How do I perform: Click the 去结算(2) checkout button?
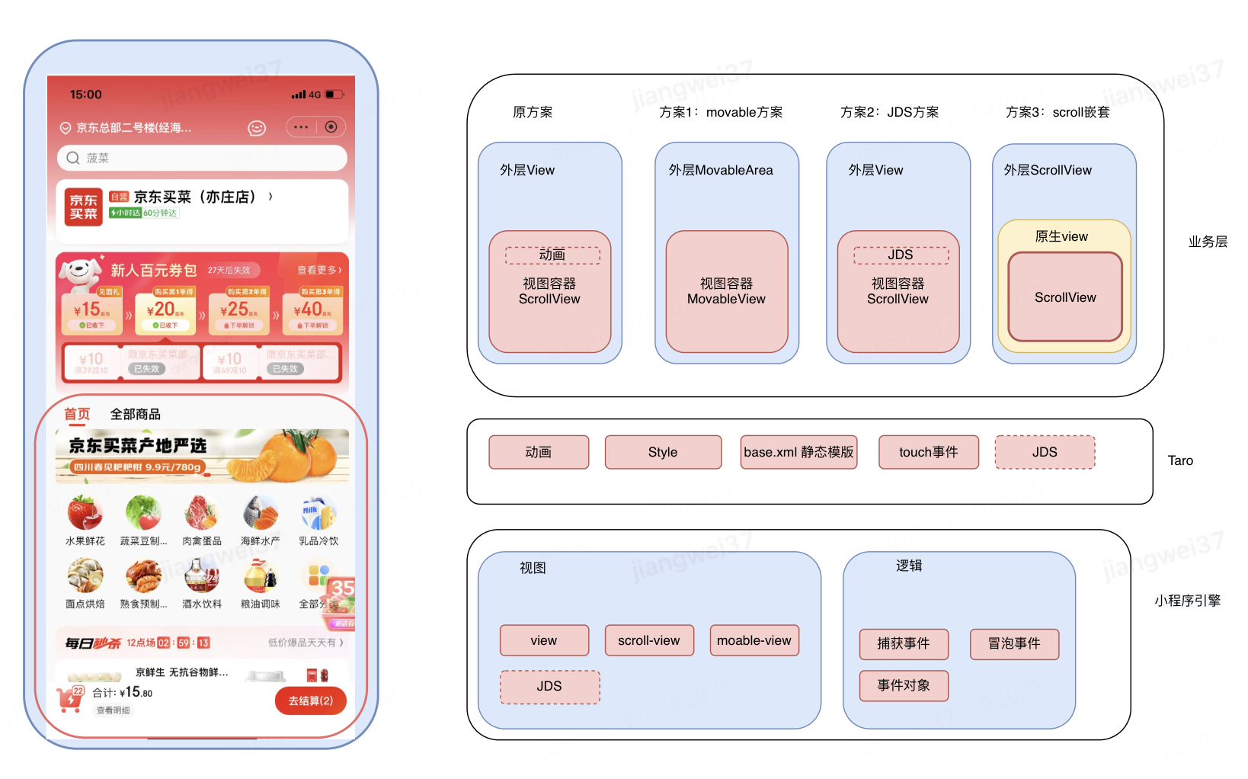(x=310, y=700)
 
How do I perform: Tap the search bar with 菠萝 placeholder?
(x=202, y=158)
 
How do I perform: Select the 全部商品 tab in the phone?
(x=136, y=414)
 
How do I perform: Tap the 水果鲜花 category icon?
(x=85, y=513)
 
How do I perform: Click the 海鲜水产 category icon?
(x=260, y=513)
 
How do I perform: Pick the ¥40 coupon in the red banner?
(x=312, y=311)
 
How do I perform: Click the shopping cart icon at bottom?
(x=70, y=698)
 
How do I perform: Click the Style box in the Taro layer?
(x=663, y=452)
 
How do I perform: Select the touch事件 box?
(x=928, y=452)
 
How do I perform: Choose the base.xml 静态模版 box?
(x=798, y=452)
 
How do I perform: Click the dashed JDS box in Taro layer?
(x=1045, y=452)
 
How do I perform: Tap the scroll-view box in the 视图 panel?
(x=649, y=640)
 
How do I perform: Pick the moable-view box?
(x=754, y=640)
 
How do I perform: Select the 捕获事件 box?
(x=904, y=644)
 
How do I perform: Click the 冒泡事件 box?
(x=1014, y=644)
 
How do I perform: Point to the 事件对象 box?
(x=904, y=685)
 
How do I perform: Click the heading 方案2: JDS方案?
(x=889, y=113)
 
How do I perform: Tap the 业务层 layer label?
(x=1208, y=242)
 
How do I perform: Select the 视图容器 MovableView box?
(x=726, y=292)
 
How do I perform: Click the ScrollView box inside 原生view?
(x=1065, y=297)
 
